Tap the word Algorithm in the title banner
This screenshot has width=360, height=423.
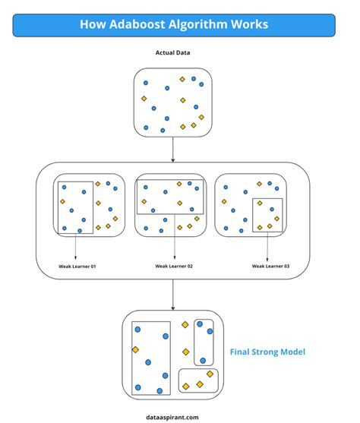tap(201, 25)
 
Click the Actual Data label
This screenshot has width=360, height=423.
tap(173, 54)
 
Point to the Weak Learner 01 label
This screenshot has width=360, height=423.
tap(77, 266)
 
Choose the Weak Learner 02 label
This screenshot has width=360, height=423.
tap(174, 266)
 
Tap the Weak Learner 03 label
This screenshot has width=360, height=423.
tap(270, 266)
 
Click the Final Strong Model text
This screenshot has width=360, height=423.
tap(268, 352)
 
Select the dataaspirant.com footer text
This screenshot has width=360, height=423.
tap(173, 416)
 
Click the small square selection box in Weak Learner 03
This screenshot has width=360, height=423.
tap(268, 215)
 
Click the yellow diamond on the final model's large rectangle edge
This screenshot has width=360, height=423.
tap(135, 349)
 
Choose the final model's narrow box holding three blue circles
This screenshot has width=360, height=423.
tap(204, 342)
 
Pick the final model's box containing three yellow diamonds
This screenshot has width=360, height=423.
tap(198, 380)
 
